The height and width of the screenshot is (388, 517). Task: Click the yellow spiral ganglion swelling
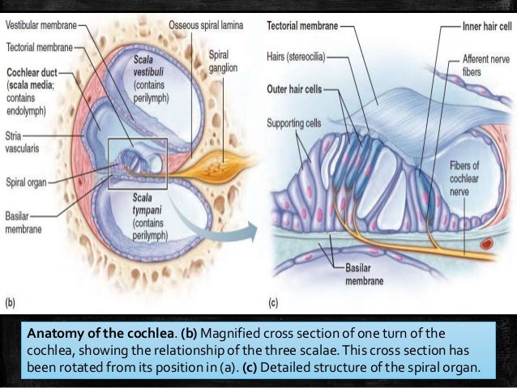[x=212, y=167]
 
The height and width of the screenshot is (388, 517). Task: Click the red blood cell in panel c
[x=485, y=242]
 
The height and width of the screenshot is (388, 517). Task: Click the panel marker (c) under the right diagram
[x=273, y=304]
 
